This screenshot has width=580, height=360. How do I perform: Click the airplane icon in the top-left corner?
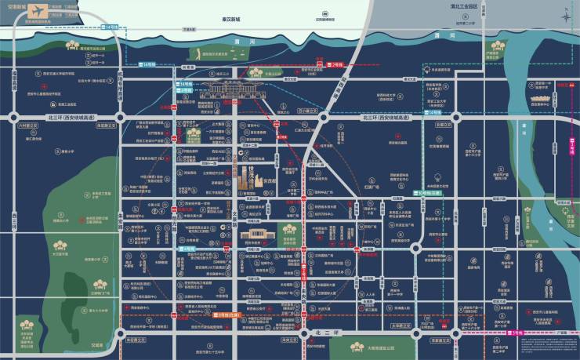[x=14, y=10]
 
